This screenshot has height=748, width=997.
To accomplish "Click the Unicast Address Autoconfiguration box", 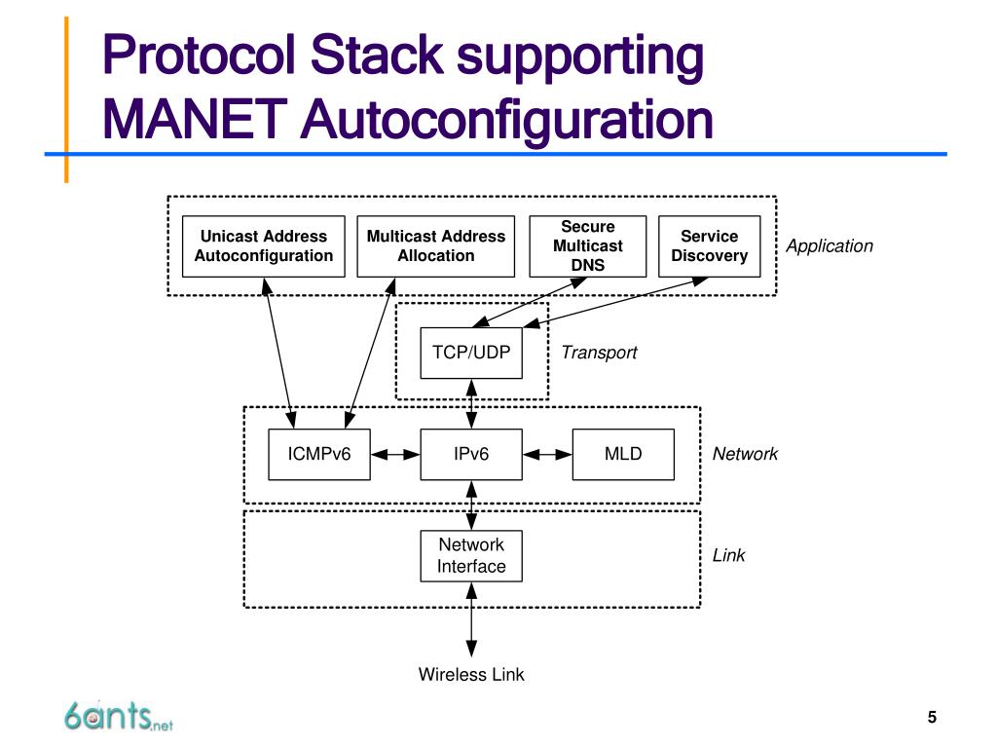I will pyautogui.click(x=263, y=245).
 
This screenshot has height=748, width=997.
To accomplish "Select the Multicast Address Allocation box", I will pyautogui.click(x=435, y=245).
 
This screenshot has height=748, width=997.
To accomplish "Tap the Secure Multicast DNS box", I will pyautogui.click(x=587, y=245).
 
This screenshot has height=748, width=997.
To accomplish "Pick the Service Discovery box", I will pyautogui.click(x=709, y=245).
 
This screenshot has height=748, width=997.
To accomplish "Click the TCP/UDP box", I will pyautogui.click(x=471, y=353).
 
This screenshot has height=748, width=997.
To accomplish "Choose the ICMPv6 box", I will pyautogui.click(x=319, y=454).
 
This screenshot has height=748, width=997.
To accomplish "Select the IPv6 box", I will pyautogui.click(x=471, y=454).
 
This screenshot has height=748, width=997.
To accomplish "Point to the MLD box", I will pyautogui.click(x=623, y=454).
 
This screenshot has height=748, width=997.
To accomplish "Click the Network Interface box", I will pyautogui.click(x=471, y=556).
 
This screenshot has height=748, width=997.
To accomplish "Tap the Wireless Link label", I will pyautogui.click(x=471, y=674).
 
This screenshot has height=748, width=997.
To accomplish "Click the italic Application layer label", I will pyautogui.click(x=830, y=246).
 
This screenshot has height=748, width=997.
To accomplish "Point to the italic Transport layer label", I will pyautogui.click(x=599, y=353).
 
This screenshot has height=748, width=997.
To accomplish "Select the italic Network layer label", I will pyautogui.click(x=745, y=454).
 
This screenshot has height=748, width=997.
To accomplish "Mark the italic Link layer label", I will pyautogui.click(x=728, y=555).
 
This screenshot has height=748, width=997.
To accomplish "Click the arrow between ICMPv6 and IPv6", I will pyautogui.click(x=395, y=454).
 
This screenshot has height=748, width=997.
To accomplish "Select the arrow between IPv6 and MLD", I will pyautogui.click(x=547, y=454).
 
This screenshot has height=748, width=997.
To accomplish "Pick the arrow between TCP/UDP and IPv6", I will pyautogui.click(x=471, y=403).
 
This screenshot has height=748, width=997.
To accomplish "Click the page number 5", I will pyautogui.click(x=932, y=718).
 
